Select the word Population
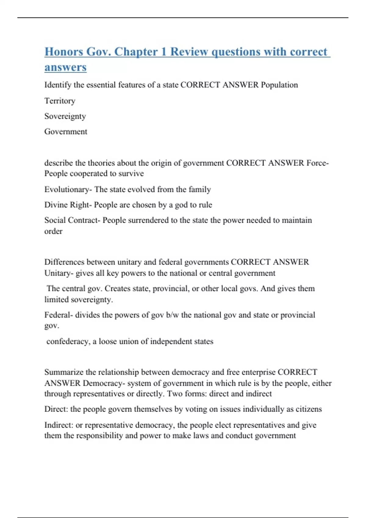coord(279,85)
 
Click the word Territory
coord(60,101)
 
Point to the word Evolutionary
coord(67,189)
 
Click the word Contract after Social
coord(83,220)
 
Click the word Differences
coord(64,262)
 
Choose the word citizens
coord(309,409)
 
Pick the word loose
coord(107,341)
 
